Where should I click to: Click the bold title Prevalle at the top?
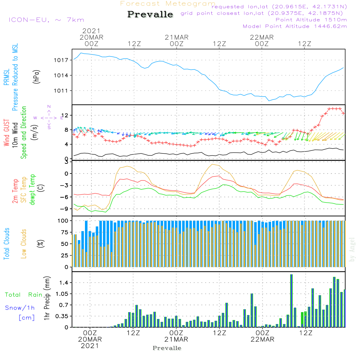(150, 14)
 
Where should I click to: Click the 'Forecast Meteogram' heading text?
(168, 4)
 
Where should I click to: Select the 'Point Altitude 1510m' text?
(311, 19)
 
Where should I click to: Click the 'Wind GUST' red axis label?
(6, 132)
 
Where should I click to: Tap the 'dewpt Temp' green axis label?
(33, 190)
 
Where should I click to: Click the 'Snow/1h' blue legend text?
(20, 308)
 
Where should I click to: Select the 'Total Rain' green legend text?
(23, 295)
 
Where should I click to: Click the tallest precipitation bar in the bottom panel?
(291, 301)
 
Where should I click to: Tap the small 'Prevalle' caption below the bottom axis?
(167, 348)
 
